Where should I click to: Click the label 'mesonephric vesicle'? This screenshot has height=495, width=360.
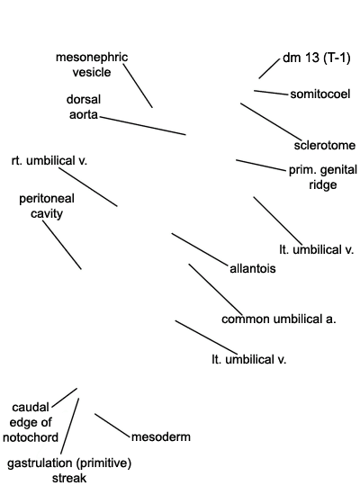click(92, 65)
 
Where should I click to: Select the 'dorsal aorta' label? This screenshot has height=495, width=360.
click(84, 107)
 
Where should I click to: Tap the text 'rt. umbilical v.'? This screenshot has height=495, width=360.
click(49, 161)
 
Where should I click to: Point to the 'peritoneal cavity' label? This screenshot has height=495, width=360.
click(47, 206)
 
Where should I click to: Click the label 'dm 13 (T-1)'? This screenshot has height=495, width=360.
click(317, 58)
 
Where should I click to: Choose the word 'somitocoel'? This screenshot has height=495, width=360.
click(320, 94)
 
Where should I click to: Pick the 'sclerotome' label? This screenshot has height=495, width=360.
click(325, 146)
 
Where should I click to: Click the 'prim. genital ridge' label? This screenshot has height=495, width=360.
click(323, 177)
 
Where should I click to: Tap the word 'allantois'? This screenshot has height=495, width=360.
click(253, 269)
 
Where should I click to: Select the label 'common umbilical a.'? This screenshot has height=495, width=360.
click(279, 319)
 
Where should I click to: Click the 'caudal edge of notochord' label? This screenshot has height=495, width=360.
click(31, 422)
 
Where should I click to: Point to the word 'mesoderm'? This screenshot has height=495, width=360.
click(161, 436)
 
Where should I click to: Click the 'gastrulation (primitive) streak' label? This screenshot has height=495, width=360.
click(69, 471)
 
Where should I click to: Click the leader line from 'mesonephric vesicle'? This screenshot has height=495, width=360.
click(138, 85)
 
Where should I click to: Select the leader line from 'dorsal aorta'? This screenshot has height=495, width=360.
click(143, 126)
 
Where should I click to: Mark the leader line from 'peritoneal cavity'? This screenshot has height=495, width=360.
click(62, 245)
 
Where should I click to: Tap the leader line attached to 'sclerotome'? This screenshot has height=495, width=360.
click(271, 121)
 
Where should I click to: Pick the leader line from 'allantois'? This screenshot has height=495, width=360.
click(199, 248)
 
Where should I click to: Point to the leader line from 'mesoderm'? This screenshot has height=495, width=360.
click(112, 426)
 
